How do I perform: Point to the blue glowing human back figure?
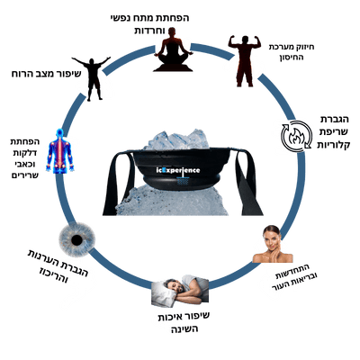click(x=60, y=151)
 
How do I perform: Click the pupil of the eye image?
click(x=76, y=239)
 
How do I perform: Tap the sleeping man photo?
click(x=180, y=291)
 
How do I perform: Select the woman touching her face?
click(x=273, y=244)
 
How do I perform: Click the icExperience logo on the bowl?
click(x=178, y=170)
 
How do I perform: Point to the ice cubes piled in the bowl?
click(x=176, y=140)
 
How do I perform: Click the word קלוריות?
click(x=333, y=145)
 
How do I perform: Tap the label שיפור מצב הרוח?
click(x=46, y=74)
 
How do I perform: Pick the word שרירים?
click(x=25, y=175)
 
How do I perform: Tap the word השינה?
click(x=184, y=329)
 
